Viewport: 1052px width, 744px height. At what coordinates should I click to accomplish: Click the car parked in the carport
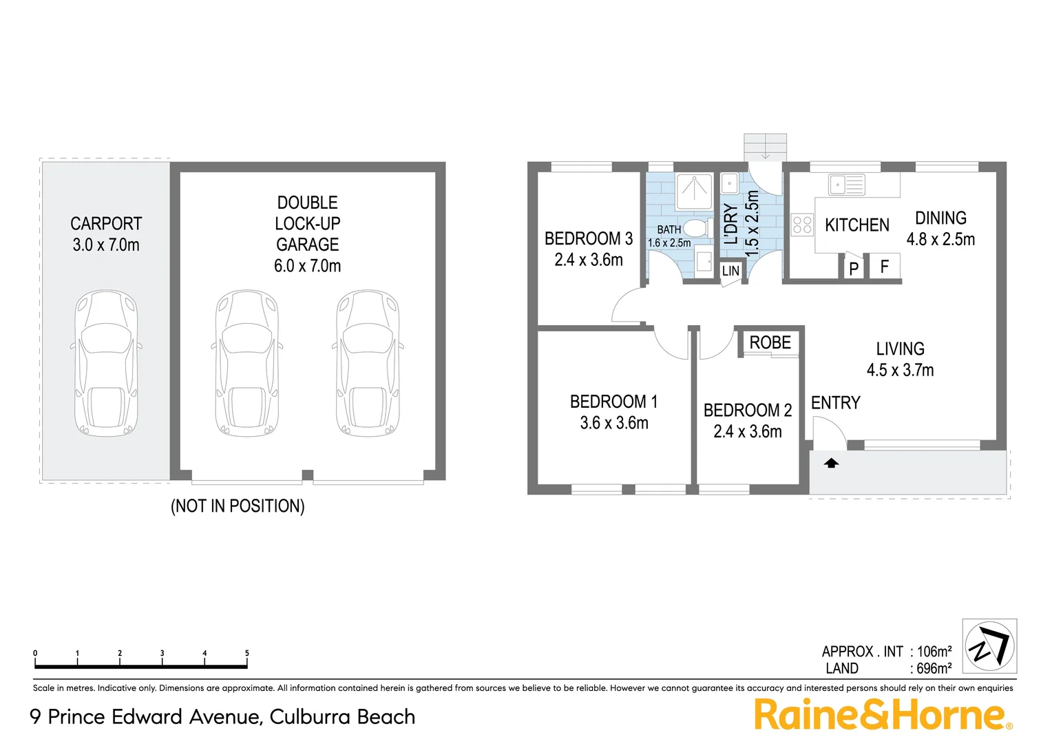[x=106, y=363]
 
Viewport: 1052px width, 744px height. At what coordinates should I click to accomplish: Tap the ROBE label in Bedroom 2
[x=770, y=342]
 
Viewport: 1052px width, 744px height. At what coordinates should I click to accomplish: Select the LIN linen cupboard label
[x=730, y=271]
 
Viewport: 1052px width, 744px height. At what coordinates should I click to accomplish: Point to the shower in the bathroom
[x=694, y=192]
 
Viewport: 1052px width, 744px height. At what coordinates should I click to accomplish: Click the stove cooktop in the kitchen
[x=802, y=225]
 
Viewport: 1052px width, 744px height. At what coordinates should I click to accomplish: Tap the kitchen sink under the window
[x=847, y=185]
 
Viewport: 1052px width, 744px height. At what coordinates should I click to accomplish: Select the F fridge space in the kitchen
[x=885, y=267]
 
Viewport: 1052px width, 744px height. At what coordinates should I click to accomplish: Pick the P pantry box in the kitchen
[x=854, y=268]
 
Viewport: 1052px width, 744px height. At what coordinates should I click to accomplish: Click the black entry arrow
[x=832, y=464]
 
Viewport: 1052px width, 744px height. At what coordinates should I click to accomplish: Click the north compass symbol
[x=989, y=646]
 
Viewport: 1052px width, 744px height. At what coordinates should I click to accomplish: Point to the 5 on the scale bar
[x=246, y=653]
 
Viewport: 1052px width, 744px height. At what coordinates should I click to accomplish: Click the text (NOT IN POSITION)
[x=238, y=506]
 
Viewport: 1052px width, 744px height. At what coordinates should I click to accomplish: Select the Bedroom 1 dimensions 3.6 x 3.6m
[x=614, y=423]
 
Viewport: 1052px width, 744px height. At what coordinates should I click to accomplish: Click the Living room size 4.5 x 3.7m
[x=900, y=370]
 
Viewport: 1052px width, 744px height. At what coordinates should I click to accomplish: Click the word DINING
[x=940, y=218]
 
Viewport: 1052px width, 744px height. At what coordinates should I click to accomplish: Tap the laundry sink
[x=729, y=183]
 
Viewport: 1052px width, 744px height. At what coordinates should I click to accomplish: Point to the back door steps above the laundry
[x=765, y=147]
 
